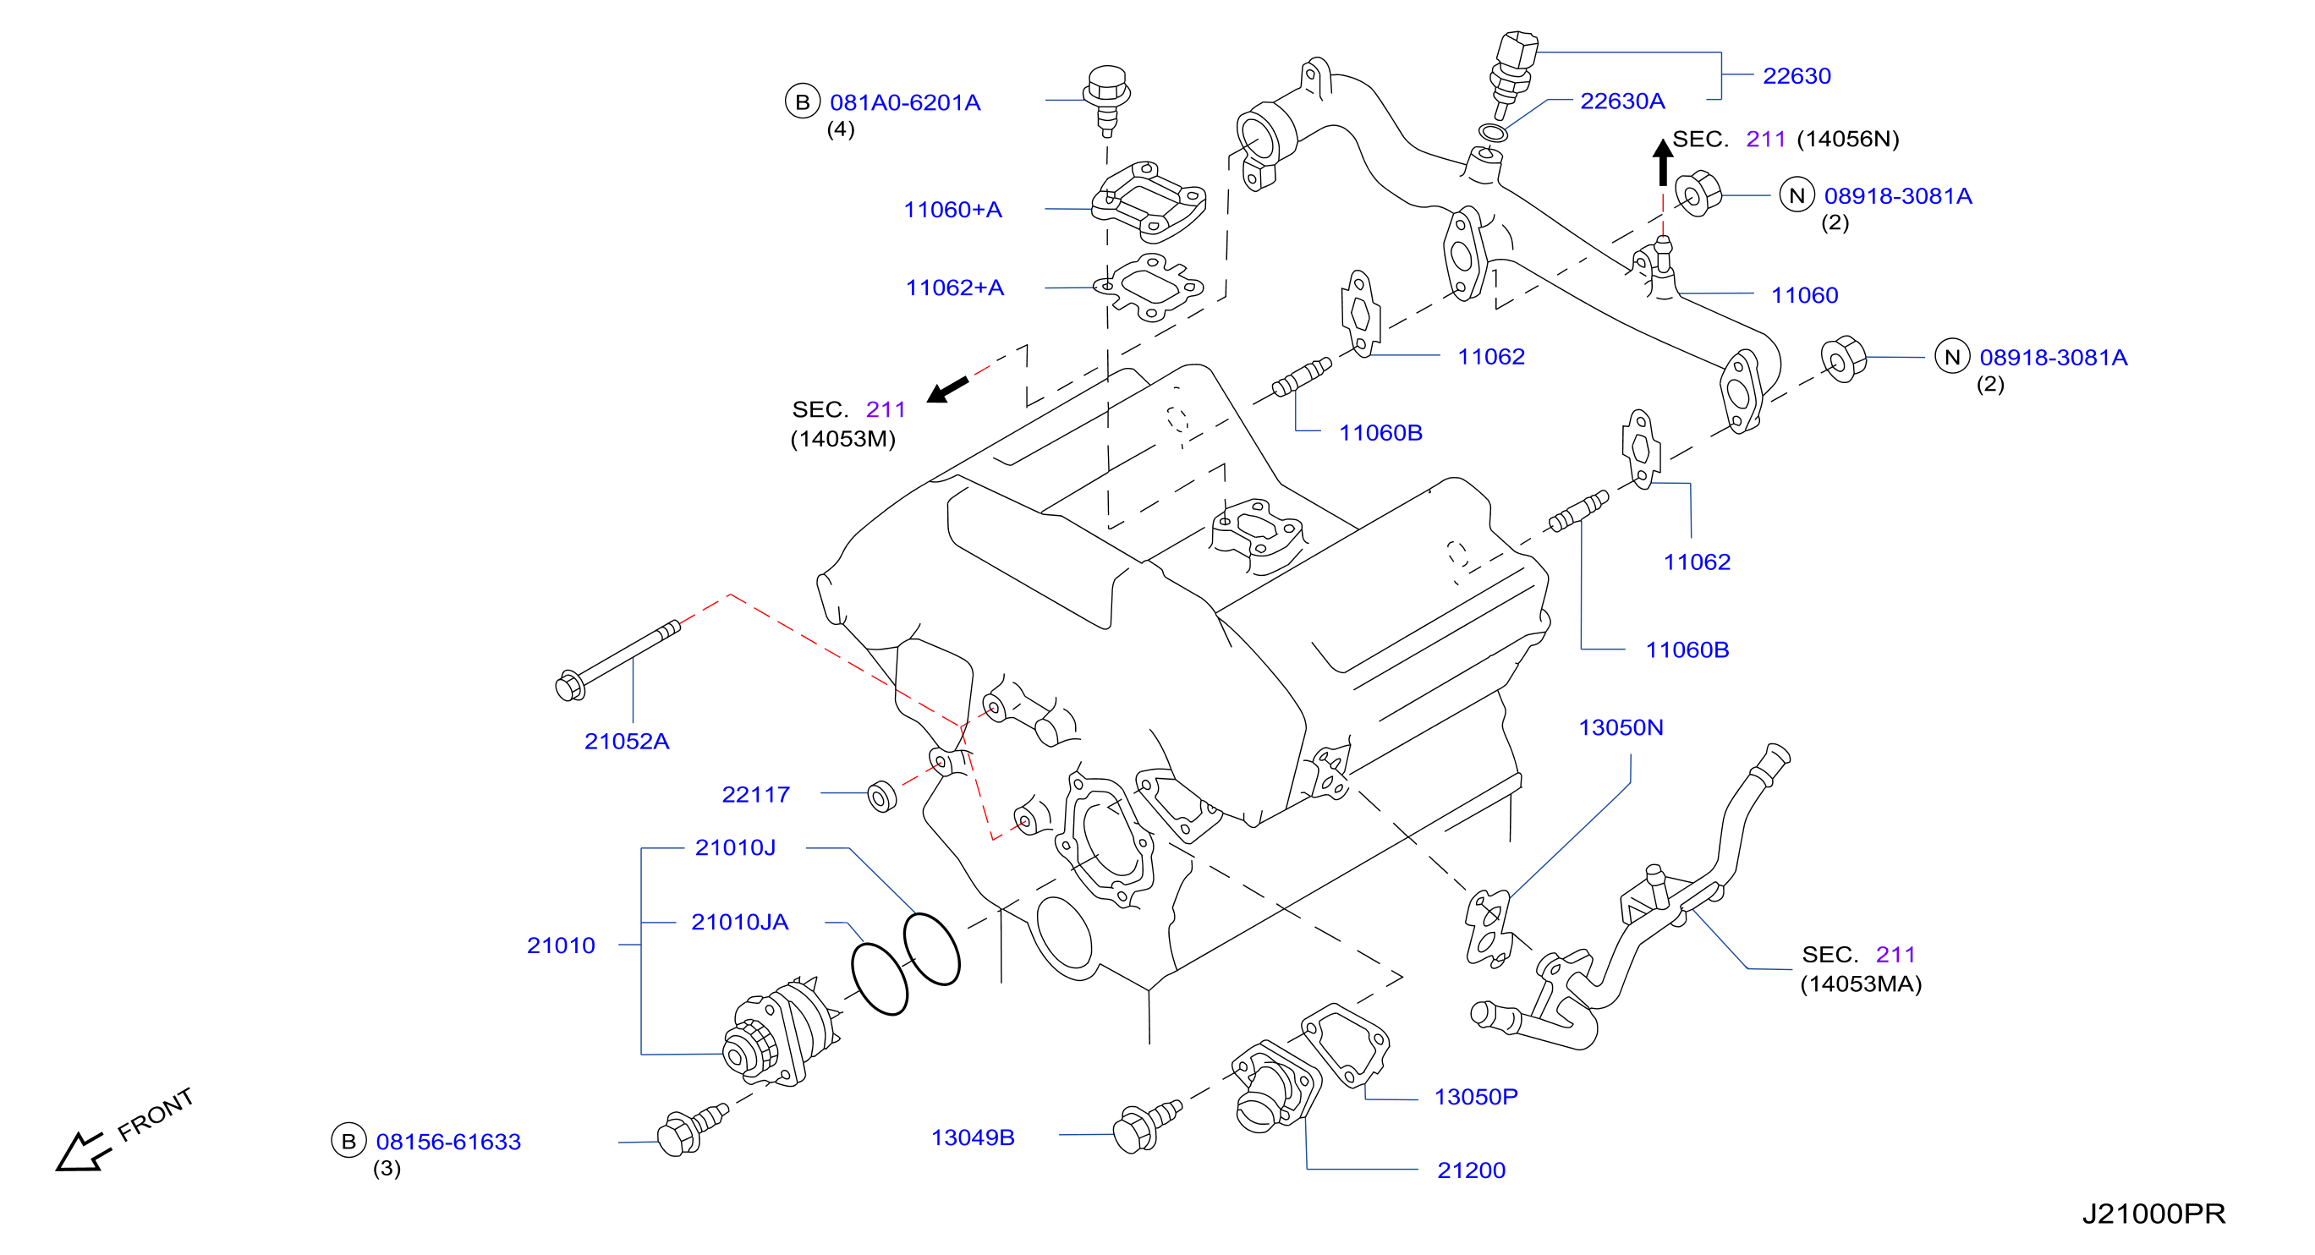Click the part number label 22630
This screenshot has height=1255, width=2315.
[1796, 75]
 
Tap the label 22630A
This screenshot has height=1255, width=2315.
[1622, 101]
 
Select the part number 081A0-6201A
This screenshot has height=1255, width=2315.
[904, 102]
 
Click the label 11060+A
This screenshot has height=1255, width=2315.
[952, 210]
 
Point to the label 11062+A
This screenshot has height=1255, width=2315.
[954, 288]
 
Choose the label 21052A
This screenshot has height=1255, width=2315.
[627, 741]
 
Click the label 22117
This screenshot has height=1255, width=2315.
[756, 794]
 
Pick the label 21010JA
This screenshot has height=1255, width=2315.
[739, 922]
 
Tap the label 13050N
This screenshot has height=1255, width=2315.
[1621, 726]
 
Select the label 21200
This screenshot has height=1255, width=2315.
[1470, 1170]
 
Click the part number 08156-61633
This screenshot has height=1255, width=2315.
[448, 1141]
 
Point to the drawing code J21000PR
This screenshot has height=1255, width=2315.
[2153, 1214]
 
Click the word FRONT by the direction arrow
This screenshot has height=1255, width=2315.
[156, 1114]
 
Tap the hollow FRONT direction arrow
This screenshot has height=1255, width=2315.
[83, 1152]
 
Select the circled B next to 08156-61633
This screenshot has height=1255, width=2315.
[348, 1141]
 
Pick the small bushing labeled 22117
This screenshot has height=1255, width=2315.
[881, 797]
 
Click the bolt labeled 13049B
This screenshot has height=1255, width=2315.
[1147, 1126]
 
